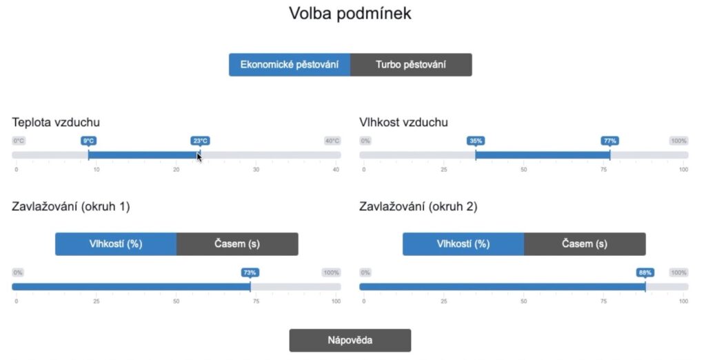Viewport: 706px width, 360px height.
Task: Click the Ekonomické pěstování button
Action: point(290,65)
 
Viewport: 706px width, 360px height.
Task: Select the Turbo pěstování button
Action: point(411,65)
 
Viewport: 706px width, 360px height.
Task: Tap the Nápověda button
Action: point(350,340)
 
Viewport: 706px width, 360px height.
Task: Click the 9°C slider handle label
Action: point(88,141)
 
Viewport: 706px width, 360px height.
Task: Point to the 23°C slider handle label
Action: point(200,141)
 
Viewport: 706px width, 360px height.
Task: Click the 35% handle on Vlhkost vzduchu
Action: point(476,141)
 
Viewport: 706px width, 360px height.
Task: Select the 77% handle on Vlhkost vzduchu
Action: point(610,141)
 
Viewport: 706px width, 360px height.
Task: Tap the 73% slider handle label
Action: point(250,272)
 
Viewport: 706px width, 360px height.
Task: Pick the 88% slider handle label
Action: point(645,272)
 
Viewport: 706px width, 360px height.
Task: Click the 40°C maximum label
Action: point(332,141)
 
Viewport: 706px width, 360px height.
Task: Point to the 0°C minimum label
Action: point(19,141)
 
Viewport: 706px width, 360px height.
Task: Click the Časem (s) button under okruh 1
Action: point(237,243)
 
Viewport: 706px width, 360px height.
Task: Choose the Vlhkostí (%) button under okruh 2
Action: point(463,243)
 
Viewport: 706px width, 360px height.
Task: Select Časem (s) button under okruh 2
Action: point(585,243)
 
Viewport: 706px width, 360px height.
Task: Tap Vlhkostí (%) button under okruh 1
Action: point(116,243)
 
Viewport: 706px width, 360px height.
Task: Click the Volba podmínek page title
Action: point(350,13)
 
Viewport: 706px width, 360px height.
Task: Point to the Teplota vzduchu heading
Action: point(56,122)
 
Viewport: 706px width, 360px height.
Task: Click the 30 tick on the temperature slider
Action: point(256,169)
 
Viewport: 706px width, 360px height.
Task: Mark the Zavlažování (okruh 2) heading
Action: point(418,206)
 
